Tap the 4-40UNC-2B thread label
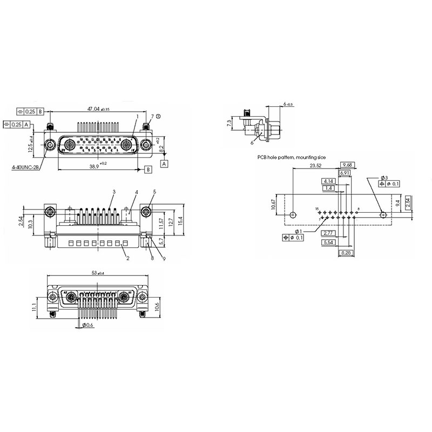click(25, 167)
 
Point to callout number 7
click(152, 116)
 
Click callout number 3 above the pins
click(114, 192)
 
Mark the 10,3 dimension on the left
click(31, 224)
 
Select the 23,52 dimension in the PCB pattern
click(315, 166)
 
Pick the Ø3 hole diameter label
click(383, 178)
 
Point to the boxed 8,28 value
click(346, 252)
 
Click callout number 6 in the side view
click(252, 143)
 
